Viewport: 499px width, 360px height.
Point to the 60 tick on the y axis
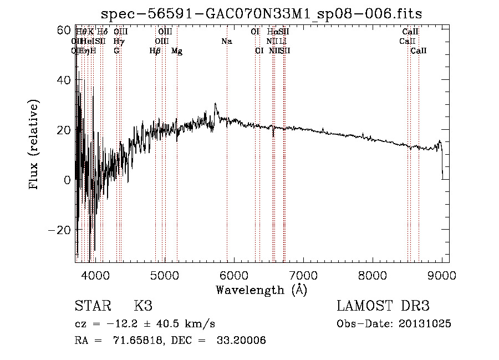[76, 30]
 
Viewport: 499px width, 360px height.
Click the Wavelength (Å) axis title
[261, 290]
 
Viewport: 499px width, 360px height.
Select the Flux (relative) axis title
[34, 145]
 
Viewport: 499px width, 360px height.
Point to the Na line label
[226, 42]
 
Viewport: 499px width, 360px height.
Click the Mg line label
[177, 51]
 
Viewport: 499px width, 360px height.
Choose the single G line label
[116, 51]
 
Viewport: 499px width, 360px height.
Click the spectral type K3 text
[143, 306]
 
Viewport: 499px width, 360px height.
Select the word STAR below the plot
[92, 306]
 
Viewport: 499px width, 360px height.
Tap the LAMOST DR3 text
[383, 306]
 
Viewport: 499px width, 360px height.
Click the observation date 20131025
[426, 324]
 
